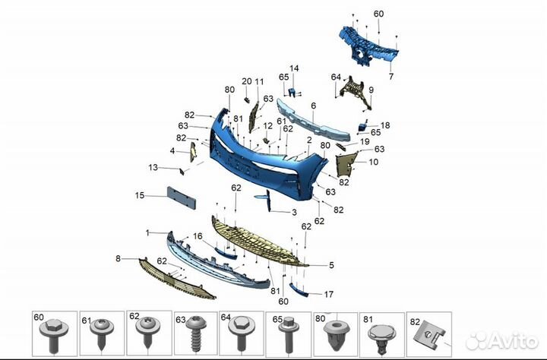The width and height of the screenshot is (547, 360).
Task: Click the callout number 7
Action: (391, 77)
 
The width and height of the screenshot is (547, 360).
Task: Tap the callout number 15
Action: (140, 195)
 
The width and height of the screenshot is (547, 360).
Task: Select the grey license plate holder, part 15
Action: (182, 197)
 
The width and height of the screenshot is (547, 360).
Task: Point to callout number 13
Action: (153, 167)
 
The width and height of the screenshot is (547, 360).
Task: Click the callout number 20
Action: (247, 81)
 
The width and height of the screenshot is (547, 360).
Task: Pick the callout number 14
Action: (294, 68)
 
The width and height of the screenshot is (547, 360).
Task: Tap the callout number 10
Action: (373, 162)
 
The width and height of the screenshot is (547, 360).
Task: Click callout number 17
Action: (329, 295)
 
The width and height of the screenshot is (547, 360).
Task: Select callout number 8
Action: (118, 258)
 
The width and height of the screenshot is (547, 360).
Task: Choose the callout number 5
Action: (331, 265)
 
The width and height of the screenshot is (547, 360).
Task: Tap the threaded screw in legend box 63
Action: (197, 334)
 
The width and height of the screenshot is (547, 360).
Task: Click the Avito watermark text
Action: (503, 341)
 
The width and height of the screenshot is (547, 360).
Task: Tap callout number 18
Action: (385, 125)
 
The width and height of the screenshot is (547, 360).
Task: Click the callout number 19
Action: (365, 141)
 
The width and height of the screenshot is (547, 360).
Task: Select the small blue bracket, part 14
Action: (292, 93)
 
